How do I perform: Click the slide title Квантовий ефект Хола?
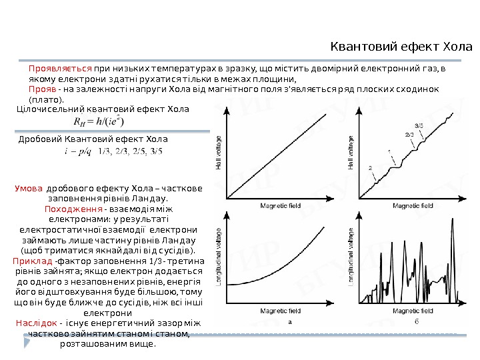[401, 47]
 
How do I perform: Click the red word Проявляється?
[60, 68]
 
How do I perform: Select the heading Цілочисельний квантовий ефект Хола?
[103, 108]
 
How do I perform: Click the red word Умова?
[29, 189]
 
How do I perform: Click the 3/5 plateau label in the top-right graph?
[419, 125]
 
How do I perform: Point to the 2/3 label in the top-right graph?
[409, 135]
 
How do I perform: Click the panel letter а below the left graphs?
[290, 321]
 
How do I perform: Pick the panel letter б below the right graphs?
[417, 321]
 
